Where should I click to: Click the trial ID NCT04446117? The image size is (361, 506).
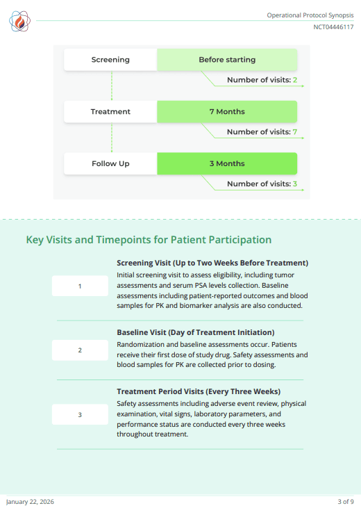click(x=333, y=27)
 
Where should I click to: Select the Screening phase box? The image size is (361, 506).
click(x=110, y=60)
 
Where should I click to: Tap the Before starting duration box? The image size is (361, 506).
click(x=227, y=60)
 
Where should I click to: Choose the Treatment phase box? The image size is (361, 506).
click(x=110, y=112)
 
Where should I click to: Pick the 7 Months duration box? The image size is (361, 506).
click(x=227, y=112)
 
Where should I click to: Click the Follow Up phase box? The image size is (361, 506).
click(x=110, y=164)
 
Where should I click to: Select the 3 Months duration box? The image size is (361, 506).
click(x=227, y=164)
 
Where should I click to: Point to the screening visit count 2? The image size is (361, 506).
click(x=295, y=80)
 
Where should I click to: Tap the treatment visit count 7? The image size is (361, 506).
click(x=295, y=132)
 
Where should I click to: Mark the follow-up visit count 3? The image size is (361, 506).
click(x=295, y=184)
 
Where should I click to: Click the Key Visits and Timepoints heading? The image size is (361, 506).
click(x=149, y=240)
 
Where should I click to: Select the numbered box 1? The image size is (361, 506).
click(x=80, y=286)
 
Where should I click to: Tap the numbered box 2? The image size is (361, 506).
click(x=80, y=350)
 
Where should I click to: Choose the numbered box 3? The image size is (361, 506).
click(x=80, y=415)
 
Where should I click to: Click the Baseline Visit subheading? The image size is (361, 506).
click(x=195, y=332)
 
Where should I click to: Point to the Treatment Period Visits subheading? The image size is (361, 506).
click(x=199, y=391)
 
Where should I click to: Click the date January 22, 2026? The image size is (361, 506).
click(x=30, y=501)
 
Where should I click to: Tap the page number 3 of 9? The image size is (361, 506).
click(x=346, y=501)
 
